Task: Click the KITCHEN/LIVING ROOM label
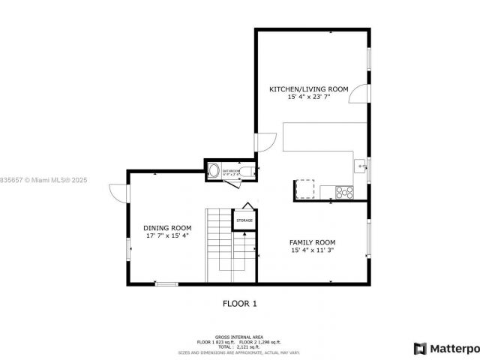tap(308, 89)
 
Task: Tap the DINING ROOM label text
tap(167, 228)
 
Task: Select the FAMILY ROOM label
tap(312, 242)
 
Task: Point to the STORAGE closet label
tap(244, 220)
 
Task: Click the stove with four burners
tap(343, 192)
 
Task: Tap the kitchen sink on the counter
tap(359, 163)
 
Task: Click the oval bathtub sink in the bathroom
tap(214, 171)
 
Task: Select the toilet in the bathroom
tap(248, 171)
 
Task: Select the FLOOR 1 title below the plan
tap(239, 304)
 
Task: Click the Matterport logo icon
tap(420, 348)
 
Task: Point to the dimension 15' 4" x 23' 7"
tap(308, 97)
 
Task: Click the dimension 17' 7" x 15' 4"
tap(167, 236)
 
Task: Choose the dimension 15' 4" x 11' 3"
tap(312, 250)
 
